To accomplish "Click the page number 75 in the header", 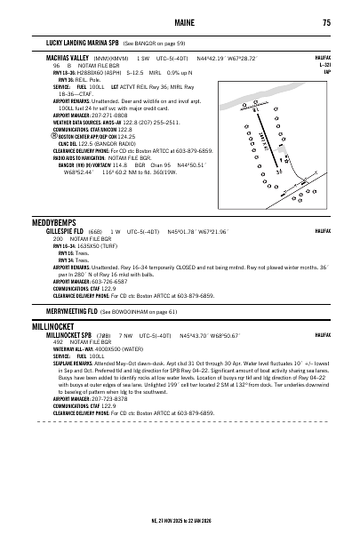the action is click(327, 22).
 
